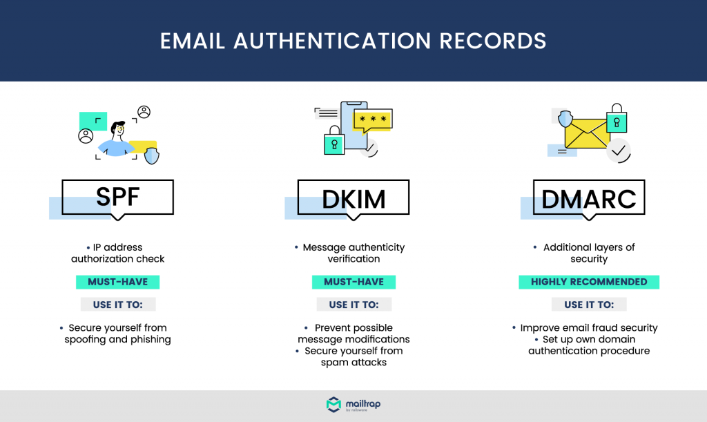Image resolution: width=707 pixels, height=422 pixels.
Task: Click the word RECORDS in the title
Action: [492, 41]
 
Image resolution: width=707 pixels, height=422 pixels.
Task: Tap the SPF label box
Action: [117, 198]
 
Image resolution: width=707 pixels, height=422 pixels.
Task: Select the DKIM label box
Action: [353, 198]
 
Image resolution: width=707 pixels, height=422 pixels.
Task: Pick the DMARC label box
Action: [589, 198]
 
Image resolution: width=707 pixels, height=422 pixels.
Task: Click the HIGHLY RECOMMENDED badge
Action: [589, 282]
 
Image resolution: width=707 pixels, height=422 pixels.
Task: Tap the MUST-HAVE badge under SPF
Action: [117, 282]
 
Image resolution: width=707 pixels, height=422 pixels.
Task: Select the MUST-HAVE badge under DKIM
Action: [354, 282]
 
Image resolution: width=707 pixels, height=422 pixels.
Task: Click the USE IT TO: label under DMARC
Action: [589, 305]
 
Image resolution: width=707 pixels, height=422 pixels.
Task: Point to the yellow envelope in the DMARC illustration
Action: [587, 133]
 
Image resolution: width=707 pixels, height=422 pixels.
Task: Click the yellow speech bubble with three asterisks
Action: [373, 121]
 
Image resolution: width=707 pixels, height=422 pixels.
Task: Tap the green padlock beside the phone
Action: [334, 140]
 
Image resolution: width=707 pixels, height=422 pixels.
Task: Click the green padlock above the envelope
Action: [617, 117]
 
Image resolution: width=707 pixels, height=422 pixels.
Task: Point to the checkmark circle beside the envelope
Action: [618, 151]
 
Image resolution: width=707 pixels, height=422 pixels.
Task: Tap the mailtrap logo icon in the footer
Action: [333, 405]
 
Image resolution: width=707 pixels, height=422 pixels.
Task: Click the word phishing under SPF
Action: [151, 340]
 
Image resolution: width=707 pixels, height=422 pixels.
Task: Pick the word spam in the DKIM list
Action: [336, 363]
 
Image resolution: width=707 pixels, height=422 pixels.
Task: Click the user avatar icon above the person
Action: [144, 112]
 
